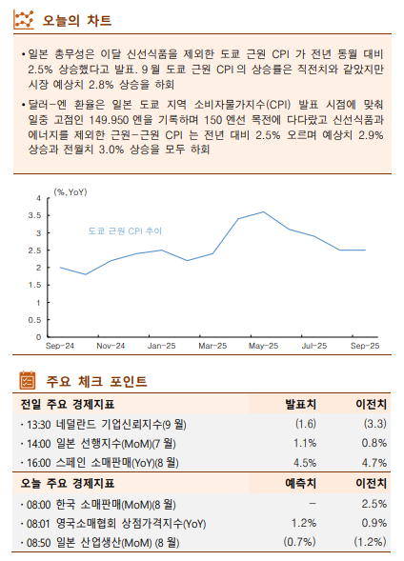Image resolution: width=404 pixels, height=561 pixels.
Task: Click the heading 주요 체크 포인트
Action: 96,381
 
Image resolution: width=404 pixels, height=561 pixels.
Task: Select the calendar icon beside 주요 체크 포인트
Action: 29,381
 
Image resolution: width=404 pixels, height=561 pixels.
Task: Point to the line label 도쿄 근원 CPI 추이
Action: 125,231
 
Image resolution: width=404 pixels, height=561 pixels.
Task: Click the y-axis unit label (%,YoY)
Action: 71,192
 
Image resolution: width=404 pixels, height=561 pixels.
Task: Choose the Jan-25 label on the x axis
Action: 161,346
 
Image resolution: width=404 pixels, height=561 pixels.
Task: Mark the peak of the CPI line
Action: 263,212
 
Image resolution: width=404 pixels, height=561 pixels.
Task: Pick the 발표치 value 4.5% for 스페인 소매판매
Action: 304,462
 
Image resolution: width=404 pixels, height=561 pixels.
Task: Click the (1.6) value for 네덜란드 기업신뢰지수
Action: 305,423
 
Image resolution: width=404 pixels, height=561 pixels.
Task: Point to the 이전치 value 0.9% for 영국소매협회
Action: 374,523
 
